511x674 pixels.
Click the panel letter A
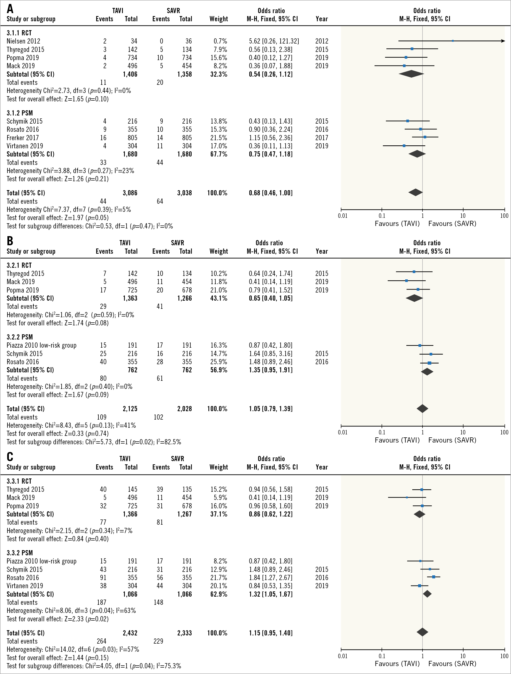(10, 8)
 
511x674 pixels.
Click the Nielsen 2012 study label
(23, 41)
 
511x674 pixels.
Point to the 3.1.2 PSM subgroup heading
(20, 113)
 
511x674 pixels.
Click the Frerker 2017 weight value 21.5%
(219, 138)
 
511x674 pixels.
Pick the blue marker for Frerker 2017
(425, 137)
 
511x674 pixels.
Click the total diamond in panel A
(415, 192)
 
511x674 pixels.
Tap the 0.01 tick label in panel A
(342, 216)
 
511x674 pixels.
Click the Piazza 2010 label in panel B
(42, 345)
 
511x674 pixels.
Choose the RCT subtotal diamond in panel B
(414, 298)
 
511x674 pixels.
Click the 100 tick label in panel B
(504, 432)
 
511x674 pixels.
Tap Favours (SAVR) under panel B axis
(452, 440)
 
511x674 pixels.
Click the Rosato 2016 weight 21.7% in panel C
(219, 577)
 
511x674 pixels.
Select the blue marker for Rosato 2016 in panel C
(433, 577)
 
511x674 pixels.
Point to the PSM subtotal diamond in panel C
(427, 594)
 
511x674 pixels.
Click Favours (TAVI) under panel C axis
(397, 663)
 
